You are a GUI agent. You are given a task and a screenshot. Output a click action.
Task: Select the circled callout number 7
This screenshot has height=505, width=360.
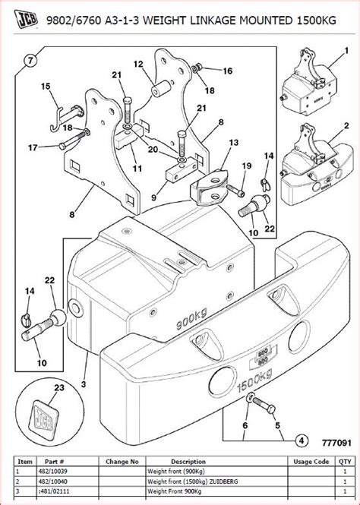pos(30,59)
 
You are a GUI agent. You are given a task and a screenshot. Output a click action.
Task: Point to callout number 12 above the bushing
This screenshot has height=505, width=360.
pos(138,64)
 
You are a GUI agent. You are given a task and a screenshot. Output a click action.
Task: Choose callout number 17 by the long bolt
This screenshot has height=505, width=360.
pos(32,147)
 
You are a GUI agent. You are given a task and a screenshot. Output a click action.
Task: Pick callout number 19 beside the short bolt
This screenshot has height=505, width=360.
pos(247,166)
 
